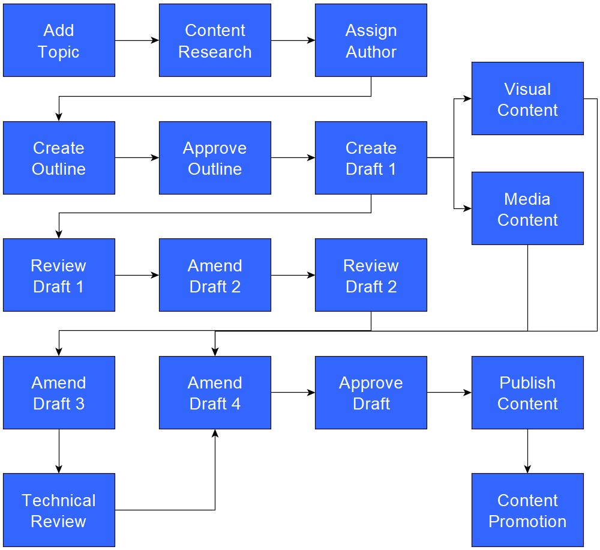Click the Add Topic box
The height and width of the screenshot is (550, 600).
click(x=59, y=40)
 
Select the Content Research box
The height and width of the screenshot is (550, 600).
click(x=215, y=40)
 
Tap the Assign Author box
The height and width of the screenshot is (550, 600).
click(x=371, y=40)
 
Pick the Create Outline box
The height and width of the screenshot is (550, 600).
click(x=59, y=158)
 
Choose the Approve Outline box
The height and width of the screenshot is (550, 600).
click(x=215, y=158)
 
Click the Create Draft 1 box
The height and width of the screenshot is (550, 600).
click(x=371, y=158)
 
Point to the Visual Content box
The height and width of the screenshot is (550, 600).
click(x=527, y=98)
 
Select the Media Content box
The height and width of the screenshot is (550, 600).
click(x=527, y=208)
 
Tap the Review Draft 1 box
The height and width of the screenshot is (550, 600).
click(x=59, y=275)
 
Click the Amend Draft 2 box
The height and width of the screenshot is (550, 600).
click(x=215, y=275)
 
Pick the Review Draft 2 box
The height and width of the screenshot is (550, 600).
click(x=371, y=275)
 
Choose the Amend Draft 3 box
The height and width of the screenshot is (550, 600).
click(x=59, y=393)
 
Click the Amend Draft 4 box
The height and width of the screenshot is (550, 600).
click(x=215, y=393)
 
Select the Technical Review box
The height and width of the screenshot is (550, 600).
click(x=59, y=510)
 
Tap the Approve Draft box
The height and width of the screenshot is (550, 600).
click(x=371, y=393)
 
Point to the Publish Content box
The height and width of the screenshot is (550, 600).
click(x=527, y=393)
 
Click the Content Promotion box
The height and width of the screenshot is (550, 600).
click(x=527, y=510)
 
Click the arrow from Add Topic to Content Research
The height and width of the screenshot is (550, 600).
click(x=137, y=40)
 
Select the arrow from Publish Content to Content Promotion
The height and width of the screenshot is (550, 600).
click(x=527, y=451)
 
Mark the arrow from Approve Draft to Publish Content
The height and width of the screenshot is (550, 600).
click(x=449, y=393)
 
